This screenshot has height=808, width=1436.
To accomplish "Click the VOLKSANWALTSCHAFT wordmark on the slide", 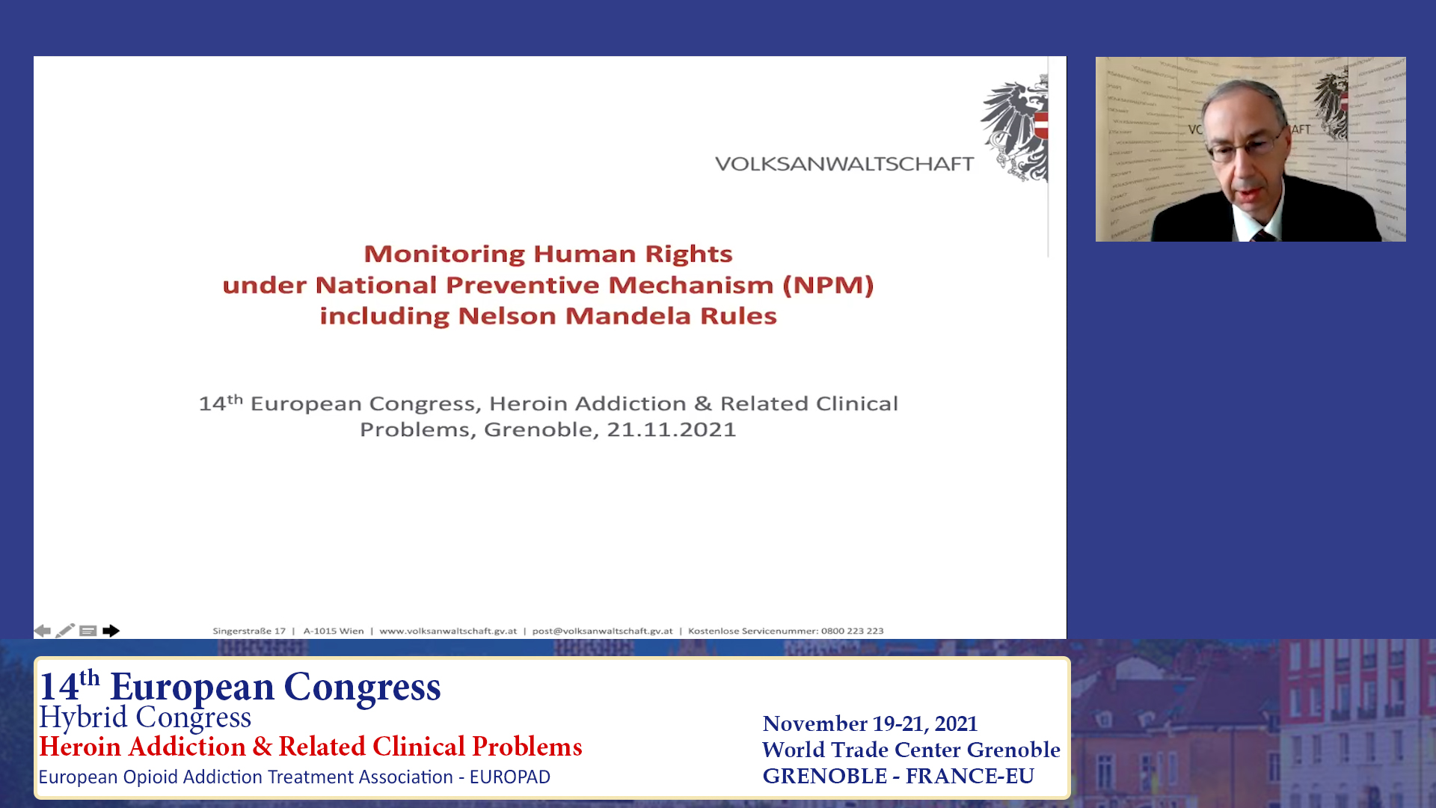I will (844, 164).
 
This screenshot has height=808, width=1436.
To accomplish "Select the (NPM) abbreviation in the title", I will (828, 285).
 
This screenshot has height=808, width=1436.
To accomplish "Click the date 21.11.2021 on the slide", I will (671, 429).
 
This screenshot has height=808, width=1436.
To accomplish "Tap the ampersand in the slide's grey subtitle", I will (702, 404).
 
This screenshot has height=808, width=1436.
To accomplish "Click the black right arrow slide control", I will (111, 631).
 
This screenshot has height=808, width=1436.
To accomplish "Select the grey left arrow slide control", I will (43, 631).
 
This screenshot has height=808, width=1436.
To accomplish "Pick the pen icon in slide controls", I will (65, 631).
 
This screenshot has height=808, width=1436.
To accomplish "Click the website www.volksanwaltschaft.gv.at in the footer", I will (448, 631).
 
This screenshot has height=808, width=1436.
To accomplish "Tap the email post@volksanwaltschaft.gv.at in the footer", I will (602, 631).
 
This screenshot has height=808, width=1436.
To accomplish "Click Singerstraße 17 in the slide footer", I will (249, 631).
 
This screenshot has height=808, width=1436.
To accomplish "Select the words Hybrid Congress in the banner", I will (145, 717).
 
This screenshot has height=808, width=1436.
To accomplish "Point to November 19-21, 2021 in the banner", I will (870, 723).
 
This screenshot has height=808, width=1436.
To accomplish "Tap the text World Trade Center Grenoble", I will (911, 750).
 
